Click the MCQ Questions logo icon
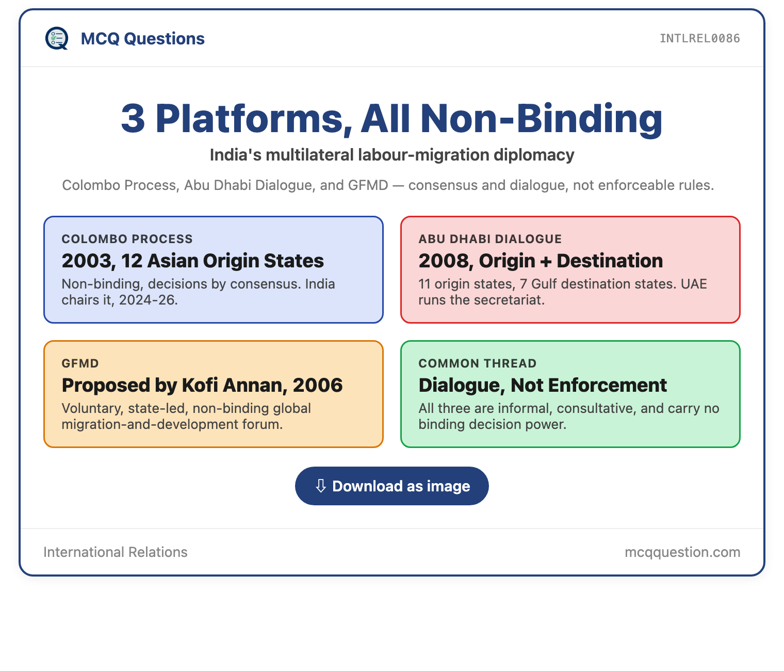coord(57,38)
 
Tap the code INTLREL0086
coord(699,38)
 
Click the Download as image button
coord(391,486)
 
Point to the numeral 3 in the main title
coord(133,118)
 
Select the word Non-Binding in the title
coord(541,118)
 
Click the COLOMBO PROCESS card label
coord(127,238)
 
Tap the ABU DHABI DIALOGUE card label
coord(490,238)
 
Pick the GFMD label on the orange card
coord(80,363)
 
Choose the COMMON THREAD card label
coord(478,363)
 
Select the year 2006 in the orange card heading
coord(318,386)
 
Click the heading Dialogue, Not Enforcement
coord(543,386)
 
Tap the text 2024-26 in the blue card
coord(148,300)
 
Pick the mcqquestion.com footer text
coord(682,552)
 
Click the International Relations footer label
coord(116,552)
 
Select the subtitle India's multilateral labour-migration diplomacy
coord(392,155)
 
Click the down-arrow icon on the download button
coord(321,486)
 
